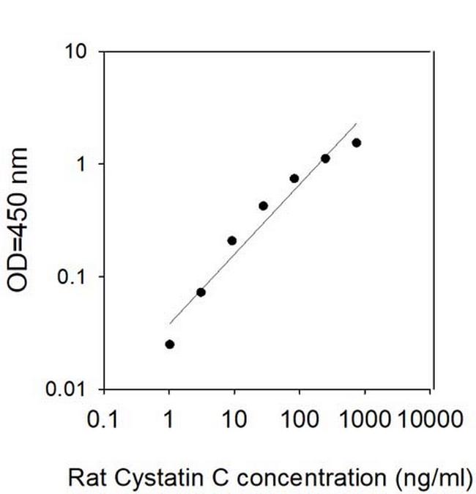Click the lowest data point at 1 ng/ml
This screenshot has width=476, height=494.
coord(170,344)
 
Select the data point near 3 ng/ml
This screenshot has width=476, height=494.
coord(201,292)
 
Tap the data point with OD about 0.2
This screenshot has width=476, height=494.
coord(232,240)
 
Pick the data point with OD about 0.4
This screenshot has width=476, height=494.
coord(263,206)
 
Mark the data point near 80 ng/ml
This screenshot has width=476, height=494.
coord(294,178)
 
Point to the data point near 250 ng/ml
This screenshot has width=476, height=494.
coord(325,158)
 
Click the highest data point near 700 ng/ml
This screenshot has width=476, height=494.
coord(357,142)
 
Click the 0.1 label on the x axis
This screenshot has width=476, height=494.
coord(103,419)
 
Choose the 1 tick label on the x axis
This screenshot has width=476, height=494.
coord(170,419)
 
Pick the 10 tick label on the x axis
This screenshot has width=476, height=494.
coord(235,419)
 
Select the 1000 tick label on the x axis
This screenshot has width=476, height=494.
coord(363,419)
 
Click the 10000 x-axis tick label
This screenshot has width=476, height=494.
coord(431,419)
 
